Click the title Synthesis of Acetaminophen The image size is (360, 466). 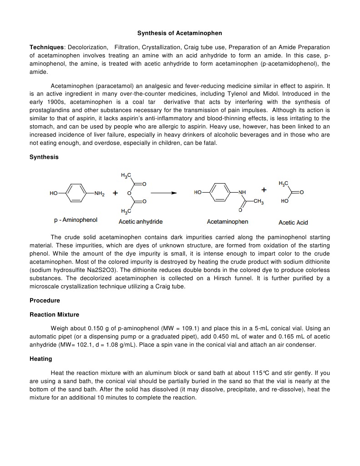[180, 33]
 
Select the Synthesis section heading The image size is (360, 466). [44, 157]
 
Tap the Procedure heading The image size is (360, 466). [45, 301]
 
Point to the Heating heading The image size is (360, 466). [41, 359]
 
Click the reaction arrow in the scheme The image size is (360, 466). [164, 193]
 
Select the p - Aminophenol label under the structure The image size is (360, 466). [76, 220]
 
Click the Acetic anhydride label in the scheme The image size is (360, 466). [141, 222]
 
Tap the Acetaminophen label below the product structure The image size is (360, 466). [228, 222]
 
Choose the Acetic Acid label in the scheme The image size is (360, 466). [293, 222]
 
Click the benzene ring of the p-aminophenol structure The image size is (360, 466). [77, 193]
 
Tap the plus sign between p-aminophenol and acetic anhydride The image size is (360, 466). [116, 193]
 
